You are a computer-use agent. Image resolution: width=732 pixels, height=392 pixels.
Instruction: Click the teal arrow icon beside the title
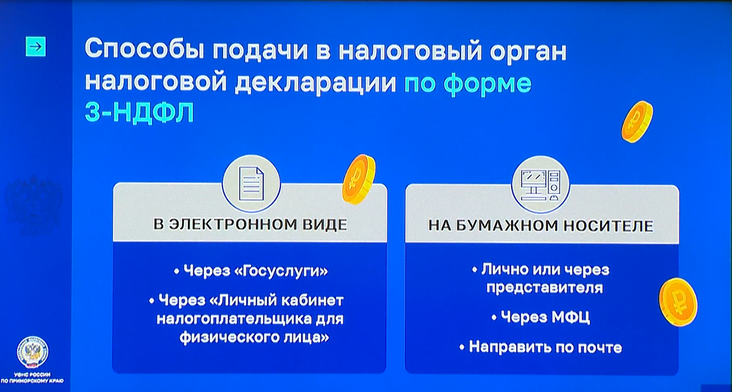pos(35,47)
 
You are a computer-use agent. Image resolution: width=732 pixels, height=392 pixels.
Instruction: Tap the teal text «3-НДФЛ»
pos(140,112)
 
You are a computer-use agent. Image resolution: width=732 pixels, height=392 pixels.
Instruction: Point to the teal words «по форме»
pos(468,84)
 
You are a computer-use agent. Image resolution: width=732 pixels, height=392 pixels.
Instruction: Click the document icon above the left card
pos(251,184)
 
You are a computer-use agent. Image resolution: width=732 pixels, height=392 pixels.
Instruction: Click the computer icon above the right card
pos(540,185)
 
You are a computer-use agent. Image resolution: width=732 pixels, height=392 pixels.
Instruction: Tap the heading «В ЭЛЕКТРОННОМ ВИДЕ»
pos(250,224)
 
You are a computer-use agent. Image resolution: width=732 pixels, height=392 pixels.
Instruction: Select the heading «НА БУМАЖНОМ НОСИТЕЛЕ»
pos(541,226)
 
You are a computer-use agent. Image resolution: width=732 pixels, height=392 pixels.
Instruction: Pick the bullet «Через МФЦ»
pos(541,317)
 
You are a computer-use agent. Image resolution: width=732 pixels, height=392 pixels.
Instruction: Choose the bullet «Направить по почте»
pos(541,347)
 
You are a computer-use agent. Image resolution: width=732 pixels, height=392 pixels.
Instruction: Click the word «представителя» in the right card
pos(544,288)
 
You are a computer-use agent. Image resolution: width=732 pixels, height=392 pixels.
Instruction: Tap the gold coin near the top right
pos(637,121)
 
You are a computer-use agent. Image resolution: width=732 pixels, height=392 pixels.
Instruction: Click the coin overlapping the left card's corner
pos(359,179)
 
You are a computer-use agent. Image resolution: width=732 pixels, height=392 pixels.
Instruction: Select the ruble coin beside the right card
pos(678,302)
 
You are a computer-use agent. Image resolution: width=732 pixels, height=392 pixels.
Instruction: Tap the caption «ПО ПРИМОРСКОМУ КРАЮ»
pos(32,381)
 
